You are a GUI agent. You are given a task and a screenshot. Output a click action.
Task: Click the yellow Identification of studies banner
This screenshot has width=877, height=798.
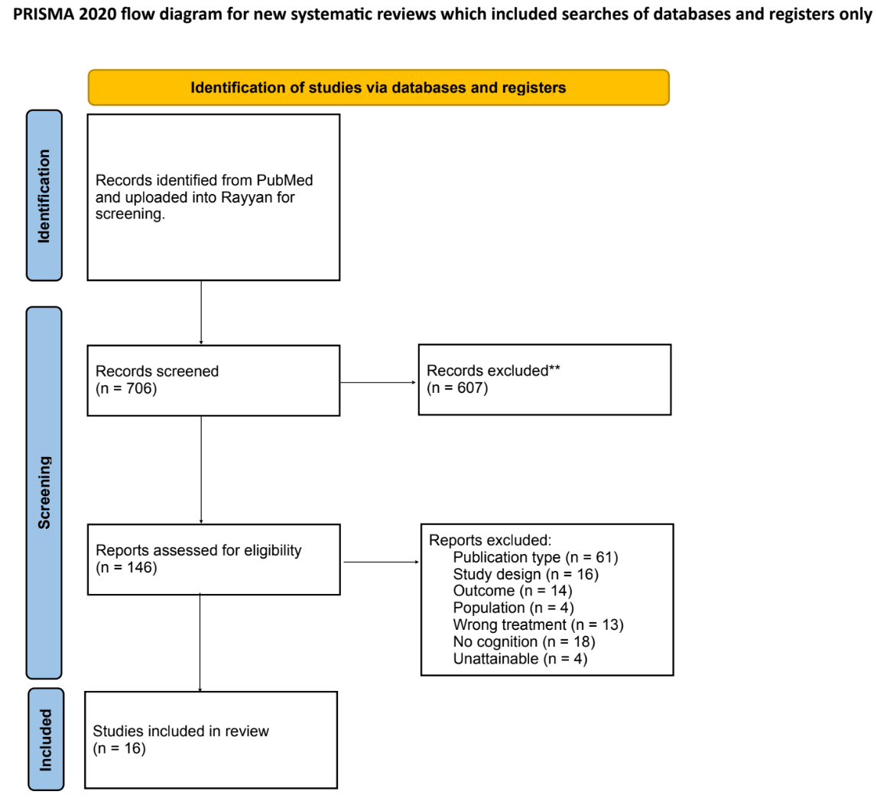[378, 87]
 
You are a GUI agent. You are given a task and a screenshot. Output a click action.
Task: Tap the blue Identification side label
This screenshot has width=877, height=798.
[44, 195]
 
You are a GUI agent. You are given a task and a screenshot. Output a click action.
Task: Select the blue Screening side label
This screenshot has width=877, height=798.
[44, 493]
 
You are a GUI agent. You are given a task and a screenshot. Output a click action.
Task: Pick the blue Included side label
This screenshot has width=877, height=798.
[46, 739]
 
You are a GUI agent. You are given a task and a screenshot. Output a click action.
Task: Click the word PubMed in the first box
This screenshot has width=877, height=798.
[284, 180]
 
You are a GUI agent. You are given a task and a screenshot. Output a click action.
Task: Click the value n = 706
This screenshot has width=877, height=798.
[126, 388]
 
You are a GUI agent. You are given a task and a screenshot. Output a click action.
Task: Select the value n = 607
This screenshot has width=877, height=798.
[457, 388]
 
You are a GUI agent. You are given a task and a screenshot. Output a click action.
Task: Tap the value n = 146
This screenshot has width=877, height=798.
[126, 568]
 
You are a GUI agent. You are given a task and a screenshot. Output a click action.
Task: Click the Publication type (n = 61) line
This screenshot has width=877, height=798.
[535, 557]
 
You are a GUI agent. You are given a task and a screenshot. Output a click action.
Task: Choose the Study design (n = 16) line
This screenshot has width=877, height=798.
[526, 574]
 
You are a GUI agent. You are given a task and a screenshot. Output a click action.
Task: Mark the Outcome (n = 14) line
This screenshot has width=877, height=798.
[513, 591]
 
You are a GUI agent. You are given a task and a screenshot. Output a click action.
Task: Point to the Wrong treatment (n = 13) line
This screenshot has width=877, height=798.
[538, 624]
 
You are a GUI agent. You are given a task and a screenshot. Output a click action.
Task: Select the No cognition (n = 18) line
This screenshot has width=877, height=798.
[524, 641]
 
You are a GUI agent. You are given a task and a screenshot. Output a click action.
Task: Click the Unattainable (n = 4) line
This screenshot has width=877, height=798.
[520, 659]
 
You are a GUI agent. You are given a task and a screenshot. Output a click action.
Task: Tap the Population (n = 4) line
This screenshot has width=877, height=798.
[514, 608]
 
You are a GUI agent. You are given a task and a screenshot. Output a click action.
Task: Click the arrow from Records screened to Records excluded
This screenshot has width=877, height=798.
[378, 382]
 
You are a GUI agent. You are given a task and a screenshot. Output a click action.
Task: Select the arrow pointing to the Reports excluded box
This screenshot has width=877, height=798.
[382, 562]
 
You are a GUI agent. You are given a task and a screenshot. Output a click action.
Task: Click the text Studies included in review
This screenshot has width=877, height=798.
[180, 731]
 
